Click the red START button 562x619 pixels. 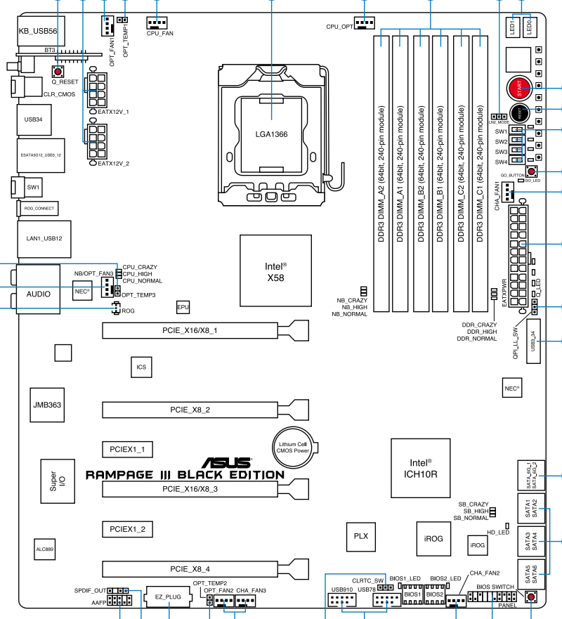pos(519,89)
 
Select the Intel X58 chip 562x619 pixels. pos(275,271)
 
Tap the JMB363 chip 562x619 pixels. pos(48,405)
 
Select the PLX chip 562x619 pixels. pos(360,535)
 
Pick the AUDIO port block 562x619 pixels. pos(39,293)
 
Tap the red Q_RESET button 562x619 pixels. pos(57,71)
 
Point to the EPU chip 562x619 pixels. pos(183,307)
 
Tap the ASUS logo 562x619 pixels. pos(226,462)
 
